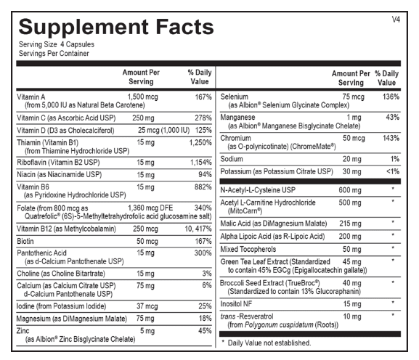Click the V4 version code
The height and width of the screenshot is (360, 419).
[x=396, y=20]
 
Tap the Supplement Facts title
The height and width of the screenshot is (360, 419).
[x=116, y=27]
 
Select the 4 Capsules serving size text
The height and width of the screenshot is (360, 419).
[x=77, y=44]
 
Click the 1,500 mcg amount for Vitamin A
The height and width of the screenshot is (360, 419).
[x=142, y=97]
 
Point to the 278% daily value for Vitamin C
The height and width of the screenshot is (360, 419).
[x=203, y=118]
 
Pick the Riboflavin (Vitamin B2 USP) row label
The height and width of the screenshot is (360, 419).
[x=58, y=163]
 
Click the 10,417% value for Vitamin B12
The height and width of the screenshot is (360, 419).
[x=198, y=229]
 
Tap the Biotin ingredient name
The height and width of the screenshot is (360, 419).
[x=25, y=241]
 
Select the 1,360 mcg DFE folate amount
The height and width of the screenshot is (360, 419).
[x=150, y=208]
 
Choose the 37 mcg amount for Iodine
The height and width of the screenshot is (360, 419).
[x=147, y=306]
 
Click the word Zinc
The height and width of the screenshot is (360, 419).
[x=23, y=331]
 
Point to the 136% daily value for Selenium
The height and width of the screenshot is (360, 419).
[x=391, y=97]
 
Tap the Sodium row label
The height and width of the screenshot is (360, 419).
[x=232, y=159]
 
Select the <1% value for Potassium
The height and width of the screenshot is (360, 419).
[x=393, y=171]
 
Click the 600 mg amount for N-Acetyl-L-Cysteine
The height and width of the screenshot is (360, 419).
[x=350, y=190]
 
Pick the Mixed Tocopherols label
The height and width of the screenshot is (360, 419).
[x=248, y=249]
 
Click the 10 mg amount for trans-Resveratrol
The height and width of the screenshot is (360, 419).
[x=352, y=316]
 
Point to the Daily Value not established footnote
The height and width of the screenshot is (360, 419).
[x=267, y=343]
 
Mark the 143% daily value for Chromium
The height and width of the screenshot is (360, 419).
[x=391, y=138]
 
